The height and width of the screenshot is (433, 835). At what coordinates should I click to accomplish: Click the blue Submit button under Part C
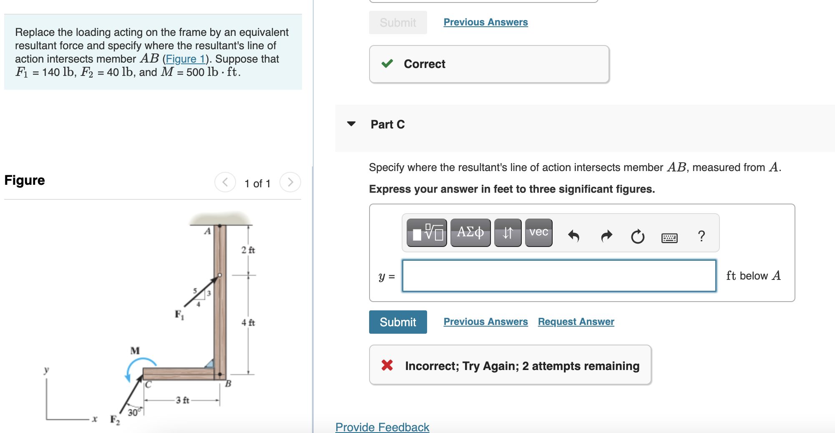pyautogui.click(x=397, y=322)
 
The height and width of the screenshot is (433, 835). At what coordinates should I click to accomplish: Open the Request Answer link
pyautogui.click(x=576, y=322)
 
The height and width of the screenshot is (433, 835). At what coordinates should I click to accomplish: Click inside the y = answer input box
pyautogui.click(x=559, y=276)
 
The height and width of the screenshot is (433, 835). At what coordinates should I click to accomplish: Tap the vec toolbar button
pyautogui.click(x=538, y=232)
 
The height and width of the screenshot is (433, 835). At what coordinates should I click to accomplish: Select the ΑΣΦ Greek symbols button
pyautogui.click(x=470, y=232)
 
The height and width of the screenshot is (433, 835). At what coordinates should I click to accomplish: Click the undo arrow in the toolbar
pyautogui.click(x=574, y=236)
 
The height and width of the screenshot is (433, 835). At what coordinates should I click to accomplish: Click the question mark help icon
pyautogui.click(x=701, y=236)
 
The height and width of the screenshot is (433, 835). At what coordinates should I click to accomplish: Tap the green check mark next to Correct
pyautogui.click(x=387, y=64)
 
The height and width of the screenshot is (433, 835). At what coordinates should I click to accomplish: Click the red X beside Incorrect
pyautogui.click(x=387, y=365)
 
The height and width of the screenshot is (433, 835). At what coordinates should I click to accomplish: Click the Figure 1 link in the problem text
pyautogui.click(x=186, y=59)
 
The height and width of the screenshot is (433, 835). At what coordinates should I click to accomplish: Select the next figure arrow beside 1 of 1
pyautogui.click(x=290, y=182)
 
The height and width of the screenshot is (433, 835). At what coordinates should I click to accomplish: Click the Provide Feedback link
pyautogui.click(x=382, y=427)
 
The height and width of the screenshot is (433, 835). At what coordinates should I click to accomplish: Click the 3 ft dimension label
pyautogui.click(x=182, y=400)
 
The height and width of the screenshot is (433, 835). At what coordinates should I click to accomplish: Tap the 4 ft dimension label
pyautogui.click(x=248, y=322)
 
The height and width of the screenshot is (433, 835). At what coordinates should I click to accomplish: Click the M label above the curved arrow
pyautogui.click(x=135, y=350)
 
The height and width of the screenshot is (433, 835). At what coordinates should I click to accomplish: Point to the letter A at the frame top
pyautogui.click(x=207, y=231)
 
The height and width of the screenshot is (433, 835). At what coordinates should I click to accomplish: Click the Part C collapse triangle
pyautogui.click(x=351, y=124)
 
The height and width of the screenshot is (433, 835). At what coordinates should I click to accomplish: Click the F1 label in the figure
pyautogui.click(x=179, y=314)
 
